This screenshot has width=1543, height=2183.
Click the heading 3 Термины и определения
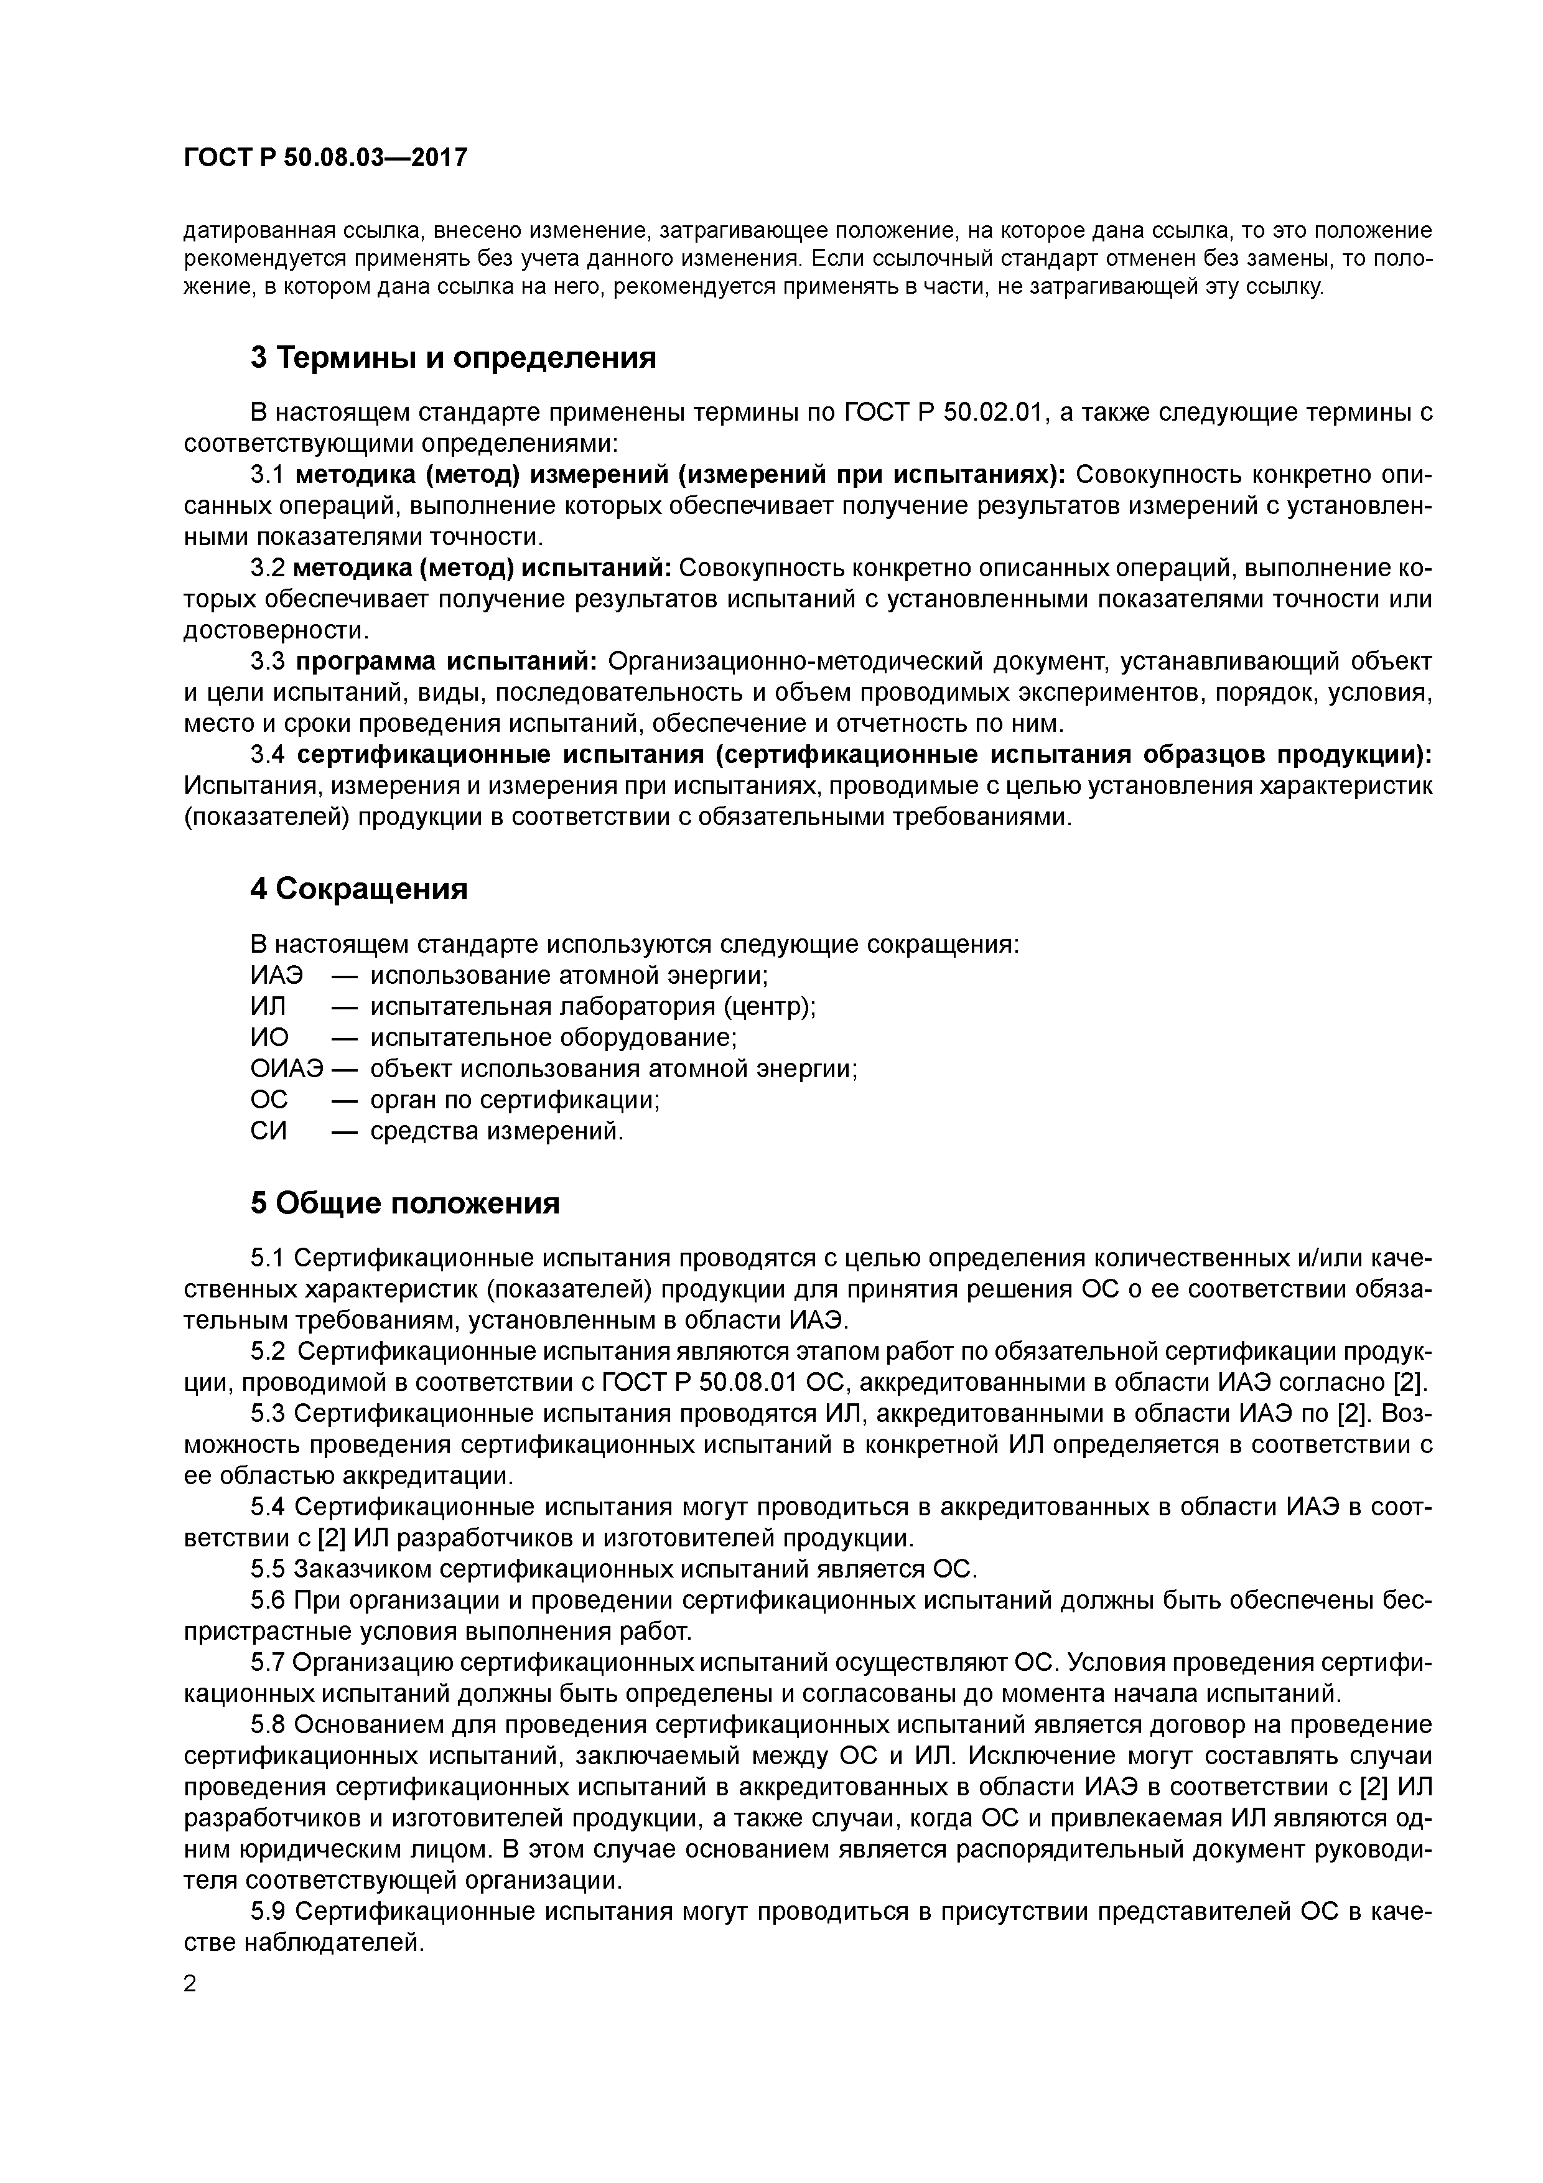tap(452, 358)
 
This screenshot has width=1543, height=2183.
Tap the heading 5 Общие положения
tap(405, 1204)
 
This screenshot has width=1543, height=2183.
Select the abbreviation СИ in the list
tap(268, 1131)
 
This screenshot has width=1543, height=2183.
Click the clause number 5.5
tap(268, 1568)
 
